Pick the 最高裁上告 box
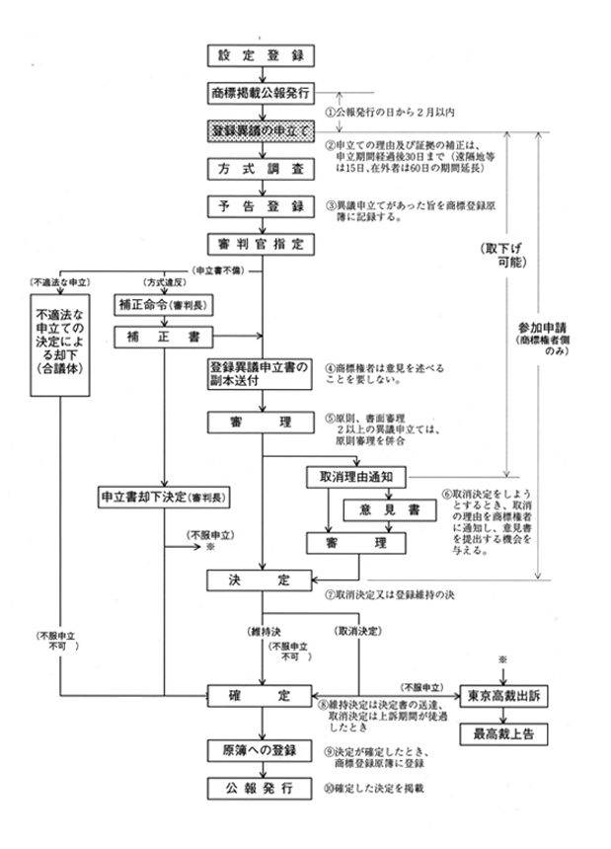point(504,736)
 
